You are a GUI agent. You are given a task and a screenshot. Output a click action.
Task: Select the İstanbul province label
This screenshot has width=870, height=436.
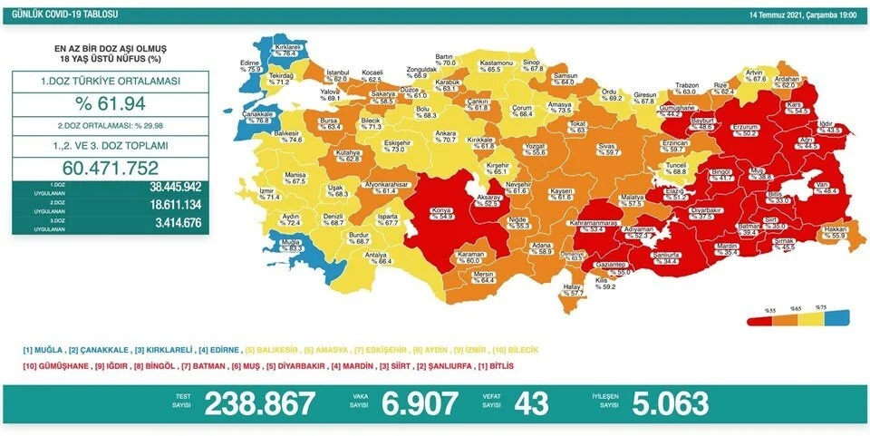[x=338, y=73]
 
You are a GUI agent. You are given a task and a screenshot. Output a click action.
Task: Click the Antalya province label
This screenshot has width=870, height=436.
[x=391, y=257]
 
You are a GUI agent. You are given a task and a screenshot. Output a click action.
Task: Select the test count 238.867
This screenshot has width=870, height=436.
[x=260, y=402]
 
